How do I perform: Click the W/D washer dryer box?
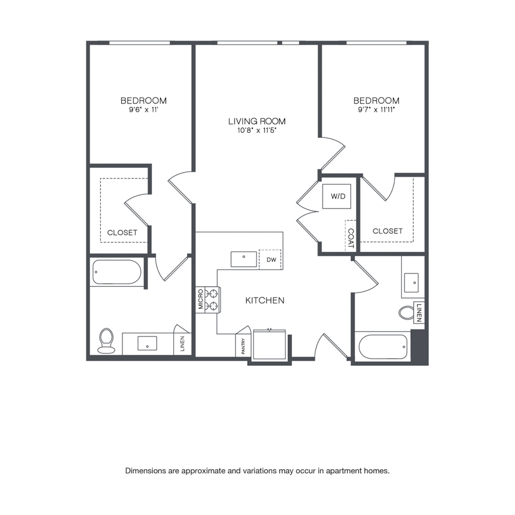[x=336, y=196]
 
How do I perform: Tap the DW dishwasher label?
[x=271, y=260]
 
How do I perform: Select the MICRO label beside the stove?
[x=200, y=299]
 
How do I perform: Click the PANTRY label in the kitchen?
[x=243, y=346]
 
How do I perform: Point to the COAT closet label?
[x=351, y=239]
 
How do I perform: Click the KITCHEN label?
[x=265, y=300]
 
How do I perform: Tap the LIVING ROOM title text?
[x=257, y=121]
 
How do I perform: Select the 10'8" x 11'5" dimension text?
[x=257, y=130]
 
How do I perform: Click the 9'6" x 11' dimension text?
[x=144, y=110]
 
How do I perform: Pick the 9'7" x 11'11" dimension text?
[x=376, y=110]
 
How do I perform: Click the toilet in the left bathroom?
[x=106, y=341]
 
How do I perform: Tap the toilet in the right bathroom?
[x=407, y=312]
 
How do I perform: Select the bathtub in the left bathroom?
[x=117, y=272]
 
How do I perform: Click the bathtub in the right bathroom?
[x=383, y=347]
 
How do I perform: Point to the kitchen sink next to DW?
[x=244, y=259]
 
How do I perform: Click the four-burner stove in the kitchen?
[x=212, y=299]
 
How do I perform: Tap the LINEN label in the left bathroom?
[x=183, y=344]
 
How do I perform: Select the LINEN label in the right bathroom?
[x=419, y=312]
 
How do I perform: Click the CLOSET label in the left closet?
[x=122, y=232]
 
